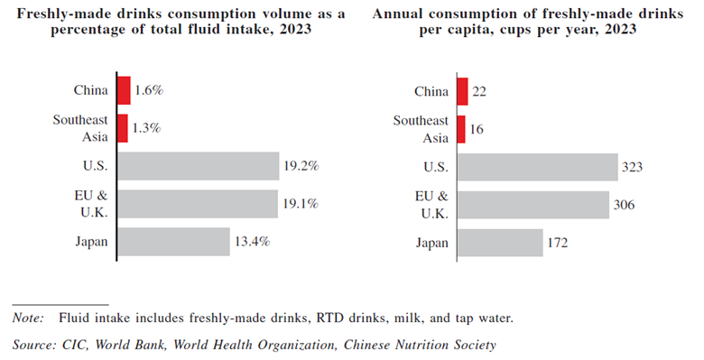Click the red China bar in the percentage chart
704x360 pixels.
(125, 90)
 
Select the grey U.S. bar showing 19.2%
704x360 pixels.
(198, 167)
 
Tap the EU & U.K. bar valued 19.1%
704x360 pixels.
(198, 204)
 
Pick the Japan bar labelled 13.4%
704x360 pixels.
(174, 242)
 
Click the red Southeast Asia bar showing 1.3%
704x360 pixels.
(124, 128)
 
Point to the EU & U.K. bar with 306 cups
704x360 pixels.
(533, 204)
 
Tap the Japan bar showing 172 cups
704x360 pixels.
(500, 242)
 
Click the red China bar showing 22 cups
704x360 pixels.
(462, 90)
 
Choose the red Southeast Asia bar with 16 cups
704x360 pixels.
(461, 128)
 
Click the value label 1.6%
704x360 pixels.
(148, 90)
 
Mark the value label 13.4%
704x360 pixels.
(254, 242)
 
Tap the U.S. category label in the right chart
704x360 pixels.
(434, 167)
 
